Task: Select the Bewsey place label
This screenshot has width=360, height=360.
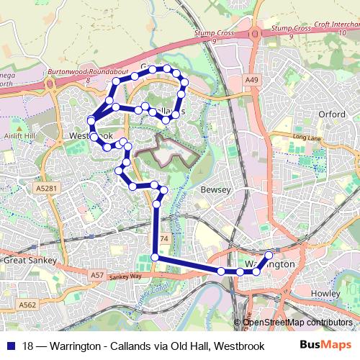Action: pos(215,189)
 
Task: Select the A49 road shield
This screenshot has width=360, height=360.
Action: pos(251,80)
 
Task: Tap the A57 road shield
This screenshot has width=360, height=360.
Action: pos(98,275)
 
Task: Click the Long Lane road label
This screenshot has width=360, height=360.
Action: pos(305,138)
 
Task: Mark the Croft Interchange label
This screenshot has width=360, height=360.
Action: pos(336,24)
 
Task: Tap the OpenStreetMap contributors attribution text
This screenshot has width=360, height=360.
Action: pos(297,322)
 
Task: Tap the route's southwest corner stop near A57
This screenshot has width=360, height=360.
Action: pos(155,257)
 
